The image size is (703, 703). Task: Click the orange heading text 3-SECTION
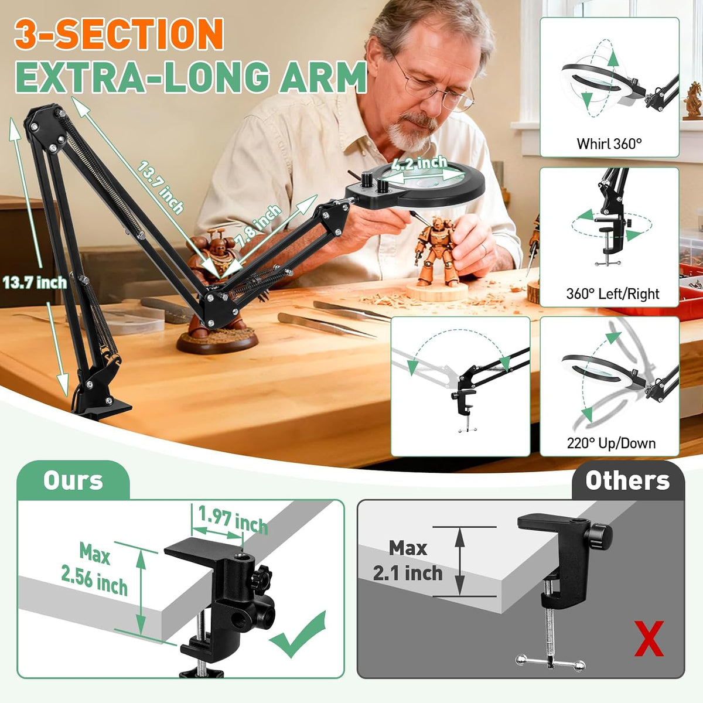click(119, 34)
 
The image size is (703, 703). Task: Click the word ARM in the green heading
click(322, 77)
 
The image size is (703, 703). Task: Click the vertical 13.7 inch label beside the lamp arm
click(35, 283)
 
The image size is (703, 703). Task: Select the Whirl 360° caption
click(609, 144)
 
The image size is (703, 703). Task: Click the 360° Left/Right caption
click(613, 294)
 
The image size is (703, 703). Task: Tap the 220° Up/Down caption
click(611, 443)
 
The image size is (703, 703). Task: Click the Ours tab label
click(73, 480)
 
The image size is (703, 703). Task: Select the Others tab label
click(627, 480)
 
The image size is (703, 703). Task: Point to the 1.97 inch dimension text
click(233, 520)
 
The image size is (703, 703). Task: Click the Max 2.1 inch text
click(408, 561)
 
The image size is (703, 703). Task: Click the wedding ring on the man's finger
click(484, 249)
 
